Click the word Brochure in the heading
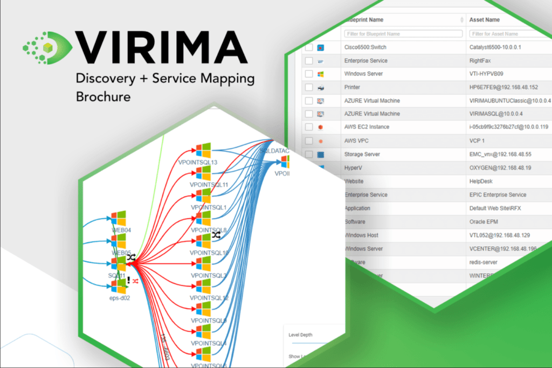click(103, 97)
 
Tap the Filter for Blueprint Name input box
click(403, 33)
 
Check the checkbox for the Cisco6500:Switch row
click(309, 47)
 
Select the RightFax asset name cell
click(482, 61)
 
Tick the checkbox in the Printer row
click(309, 87)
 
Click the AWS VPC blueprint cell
click(359, 141)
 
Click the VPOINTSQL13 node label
click(197, 162)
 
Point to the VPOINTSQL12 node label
click(209, 298)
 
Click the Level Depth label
click(300, 335)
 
